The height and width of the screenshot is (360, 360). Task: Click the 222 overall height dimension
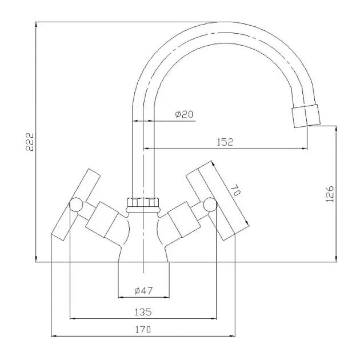click(x=30, y=142)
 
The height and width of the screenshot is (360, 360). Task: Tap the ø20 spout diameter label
click(x=184, y=114)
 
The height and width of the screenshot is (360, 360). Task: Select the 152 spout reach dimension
click(x=225, y=142)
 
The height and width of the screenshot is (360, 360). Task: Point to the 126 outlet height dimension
click(x=330, y=194)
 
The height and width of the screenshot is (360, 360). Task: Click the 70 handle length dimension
click(x=235, y=190)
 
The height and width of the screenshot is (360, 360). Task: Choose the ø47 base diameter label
click(x=143, y=291)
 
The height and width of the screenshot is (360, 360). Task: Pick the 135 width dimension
click(x=143, y=312)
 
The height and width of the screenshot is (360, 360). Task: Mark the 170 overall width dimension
click(x=143, y=330)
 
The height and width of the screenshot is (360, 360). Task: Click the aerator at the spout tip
click(x=306, y=115)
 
